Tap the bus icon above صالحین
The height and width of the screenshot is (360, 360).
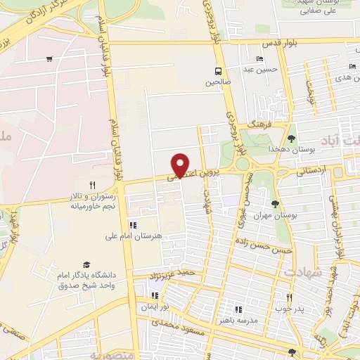(218, 71)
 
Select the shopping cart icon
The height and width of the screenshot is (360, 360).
(49, 59)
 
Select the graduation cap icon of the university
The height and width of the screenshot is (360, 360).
(86, 264)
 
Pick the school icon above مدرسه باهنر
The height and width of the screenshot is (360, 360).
(238, 309)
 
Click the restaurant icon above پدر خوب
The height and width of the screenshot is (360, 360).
(288, 297)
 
